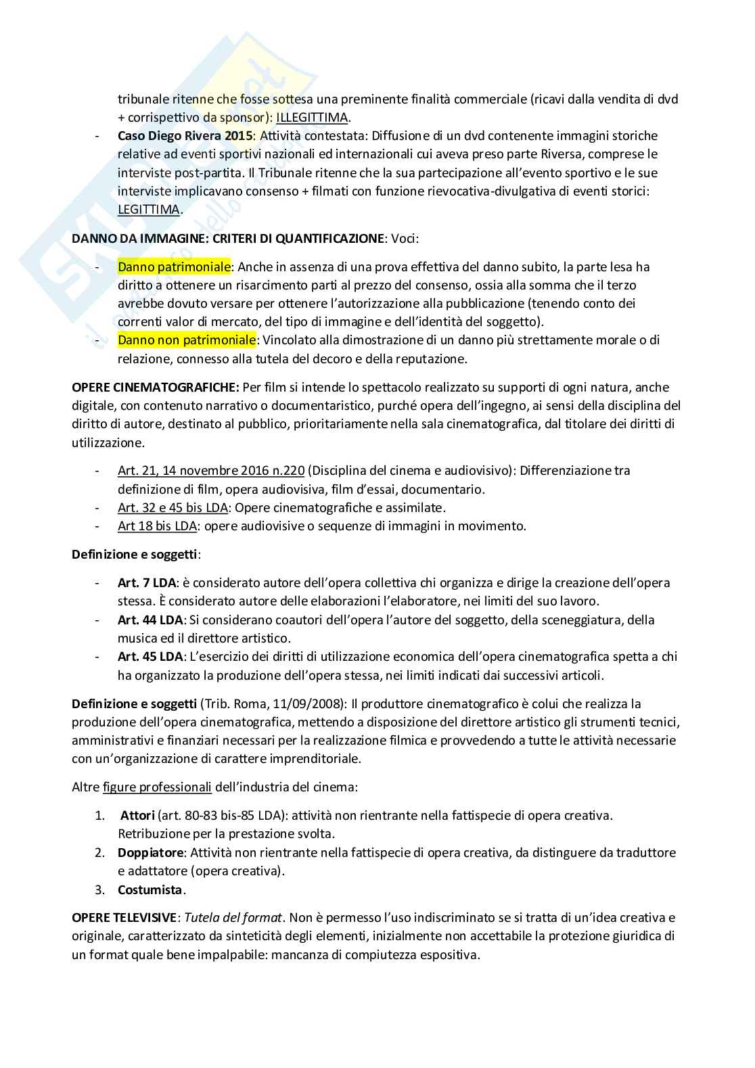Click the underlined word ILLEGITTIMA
(x=312, y=118)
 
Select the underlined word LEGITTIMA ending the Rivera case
(x=149, y=209)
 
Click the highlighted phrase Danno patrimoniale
(x=174, y=266)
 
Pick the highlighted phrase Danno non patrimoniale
(x=187, y=340)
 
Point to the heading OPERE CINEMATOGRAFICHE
(x=155, y=388)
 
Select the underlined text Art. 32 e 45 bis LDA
(x=173, y=507)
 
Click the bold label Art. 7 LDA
(x=146, y=582)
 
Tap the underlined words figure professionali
(x=157, y=787)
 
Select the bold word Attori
(x=137, y=815)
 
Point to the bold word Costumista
(x=150, y=889)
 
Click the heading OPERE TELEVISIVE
(x=124, y=918)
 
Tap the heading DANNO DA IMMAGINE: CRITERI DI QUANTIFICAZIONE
(x=228, y=238)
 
